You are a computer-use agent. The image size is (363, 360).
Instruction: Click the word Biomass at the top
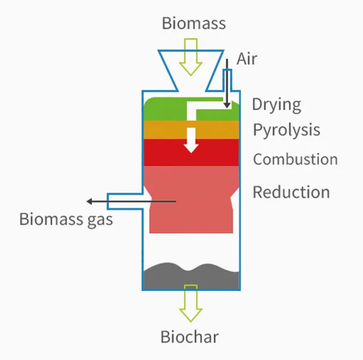tap(194, 23)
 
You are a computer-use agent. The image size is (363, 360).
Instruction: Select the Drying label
tap(276, 104)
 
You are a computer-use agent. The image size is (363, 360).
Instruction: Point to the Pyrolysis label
tap(286, 130)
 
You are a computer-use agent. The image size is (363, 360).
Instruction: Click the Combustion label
tap(295, 160)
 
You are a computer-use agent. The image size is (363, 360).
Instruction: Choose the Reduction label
tap(291, 192)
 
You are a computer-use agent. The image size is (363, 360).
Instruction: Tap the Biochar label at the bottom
tap(189, 337)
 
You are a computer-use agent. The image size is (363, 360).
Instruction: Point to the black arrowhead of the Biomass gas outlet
tap(90, 201)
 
